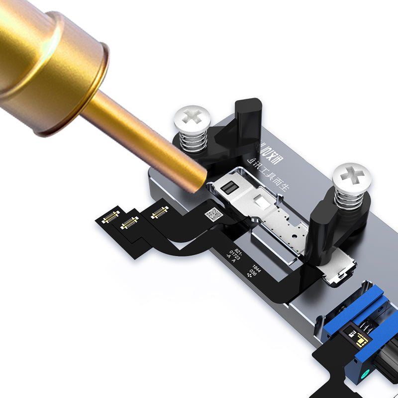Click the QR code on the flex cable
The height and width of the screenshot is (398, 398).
click(x=213, y=214)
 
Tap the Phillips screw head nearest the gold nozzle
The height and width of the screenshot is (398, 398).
click(x=192, y=119)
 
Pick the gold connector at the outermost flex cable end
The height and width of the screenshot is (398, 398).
click(x=110, y=216)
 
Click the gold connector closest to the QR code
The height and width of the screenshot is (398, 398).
click(x=159, y=212)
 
